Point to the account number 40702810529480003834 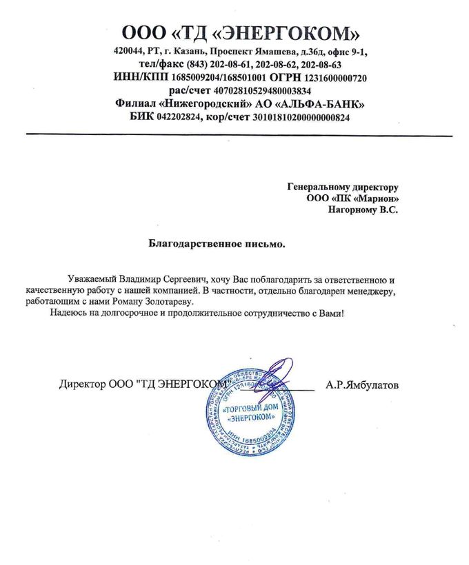[x=265, y=91]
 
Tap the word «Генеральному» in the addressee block [x=316, y=187]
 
